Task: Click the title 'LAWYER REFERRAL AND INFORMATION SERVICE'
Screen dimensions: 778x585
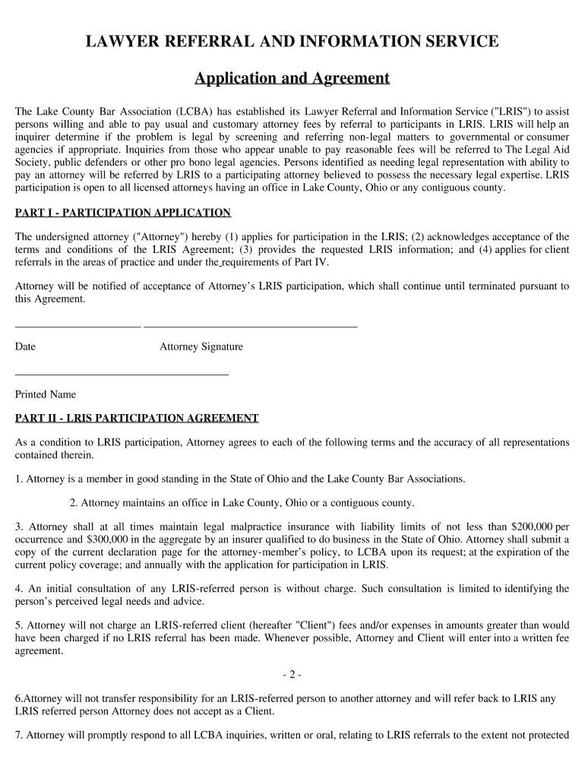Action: [292, 42]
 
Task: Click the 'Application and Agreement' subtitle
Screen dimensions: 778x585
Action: [292, 78]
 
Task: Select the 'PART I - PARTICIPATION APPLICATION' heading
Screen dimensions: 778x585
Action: [123, 212]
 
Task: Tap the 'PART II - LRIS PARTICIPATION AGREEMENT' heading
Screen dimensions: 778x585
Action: [137, 418]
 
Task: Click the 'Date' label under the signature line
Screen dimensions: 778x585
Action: [25, 346]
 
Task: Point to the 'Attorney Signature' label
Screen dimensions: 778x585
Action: [201, 346]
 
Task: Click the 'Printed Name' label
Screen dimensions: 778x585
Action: [46, 394]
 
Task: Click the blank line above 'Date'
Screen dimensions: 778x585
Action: [77, 326]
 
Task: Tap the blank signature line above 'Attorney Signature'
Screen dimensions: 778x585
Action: [250, 326]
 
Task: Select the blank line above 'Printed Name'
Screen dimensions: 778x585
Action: [122, 374]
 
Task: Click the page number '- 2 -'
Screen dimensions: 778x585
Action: [292, 674]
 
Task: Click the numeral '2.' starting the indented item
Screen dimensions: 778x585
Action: [74, 502]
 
